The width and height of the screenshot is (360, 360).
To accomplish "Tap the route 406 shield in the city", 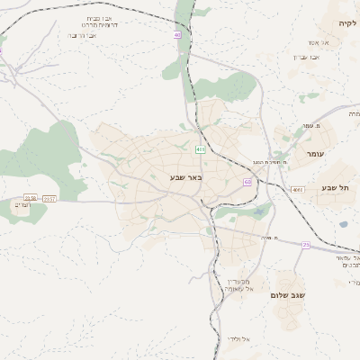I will pyautogui.click(x=200, y=149).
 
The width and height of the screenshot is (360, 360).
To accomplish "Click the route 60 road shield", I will pyautogui.click(x=247, y=183).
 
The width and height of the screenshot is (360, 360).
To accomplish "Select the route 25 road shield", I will pyautogui.click(x=306, y=245).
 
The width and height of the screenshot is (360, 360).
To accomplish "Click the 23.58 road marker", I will pyautogui.click(x=31, y=198).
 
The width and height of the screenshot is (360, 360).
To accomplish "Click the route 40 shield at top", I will pyautogui.click(x=177, y=35).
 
